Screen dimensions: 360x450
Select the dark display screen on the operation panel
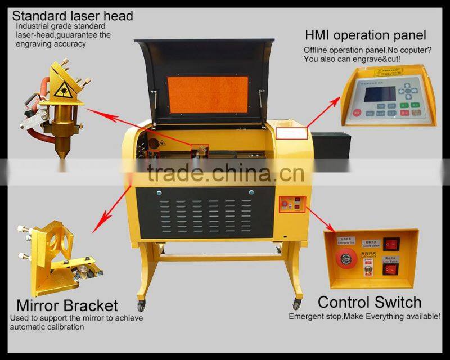point(378,93)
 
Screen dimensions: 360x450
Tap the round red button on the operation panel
point(357,112)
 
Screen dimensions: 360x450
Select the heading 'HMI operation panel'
point(365,36)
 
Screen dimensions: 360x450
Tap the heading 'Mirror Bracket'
point(67,306)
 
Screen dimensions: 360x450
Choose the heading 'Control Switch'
point(369,302)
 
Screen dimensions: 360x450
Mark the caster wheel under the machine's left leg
point(141,306)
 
